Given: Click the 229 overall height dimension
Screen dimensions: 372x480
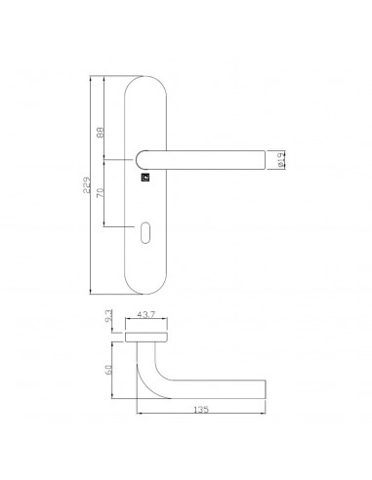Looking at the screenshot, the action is click(86, 185).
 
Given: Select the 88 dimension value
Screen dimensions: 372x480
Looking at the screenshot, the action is click(101, 132).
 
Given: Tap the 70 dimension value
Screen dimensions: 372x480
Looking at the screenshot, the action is click(101, 193).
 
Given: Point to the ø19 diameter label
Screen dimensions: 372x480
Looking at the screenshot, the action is click(282, 160).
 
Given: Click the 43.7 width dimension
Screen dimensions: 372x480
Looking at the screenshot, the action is click(146, 314).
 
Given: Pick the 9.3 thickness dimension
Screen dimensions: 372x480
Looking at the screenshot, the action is click(109, 315).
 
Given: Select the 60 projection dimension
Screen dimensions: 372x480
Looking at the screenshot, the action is click(109, 369).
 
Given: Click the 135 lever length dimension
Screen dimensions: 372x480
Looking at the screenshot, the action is click(201, 410).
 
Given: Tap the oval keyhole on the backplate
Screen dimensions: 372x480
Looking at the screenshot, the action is click(145, 232).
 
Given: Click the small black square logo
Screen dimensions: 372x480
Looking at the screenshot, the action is click(145, 178).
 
